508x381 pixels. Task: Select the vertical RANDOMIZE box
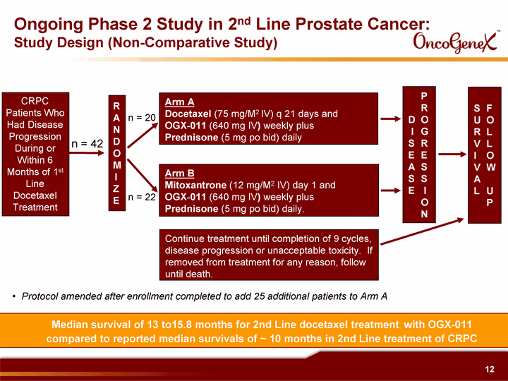click(x=116, y=153)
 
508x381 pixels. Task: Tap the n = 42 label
click(x=87, y=143)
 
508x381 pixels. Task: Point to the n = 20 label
click(x=142, y=118)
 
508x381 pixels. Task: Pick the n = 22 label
click(x=142, y=197)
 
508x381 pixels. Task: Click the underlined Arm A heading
click(x=179, y=102)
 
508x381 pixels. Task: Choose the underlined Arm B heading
click(x=179, y=174)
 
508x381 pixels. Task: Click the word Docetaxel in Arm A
click(x=188, y=114)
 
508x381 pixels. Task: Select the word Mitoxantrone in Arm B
click(x=195, y=186)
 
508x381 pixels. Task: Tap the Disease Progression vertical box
click(x=419, y=155)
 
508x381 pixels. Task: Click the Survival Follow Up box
click(x=484, y=155)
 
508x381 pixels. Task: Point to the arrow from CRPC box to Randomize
click(x=87, y=152)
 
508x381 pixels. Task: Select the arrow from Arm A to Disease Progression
click(x=391, y=119)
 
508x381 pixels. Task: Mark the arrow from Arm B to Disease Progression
click(x=391, y=190)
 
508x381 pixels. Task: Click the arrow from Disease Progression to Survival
click(x=452, y=155)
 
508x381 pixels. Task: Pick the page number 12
click(x=490, y=369)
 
